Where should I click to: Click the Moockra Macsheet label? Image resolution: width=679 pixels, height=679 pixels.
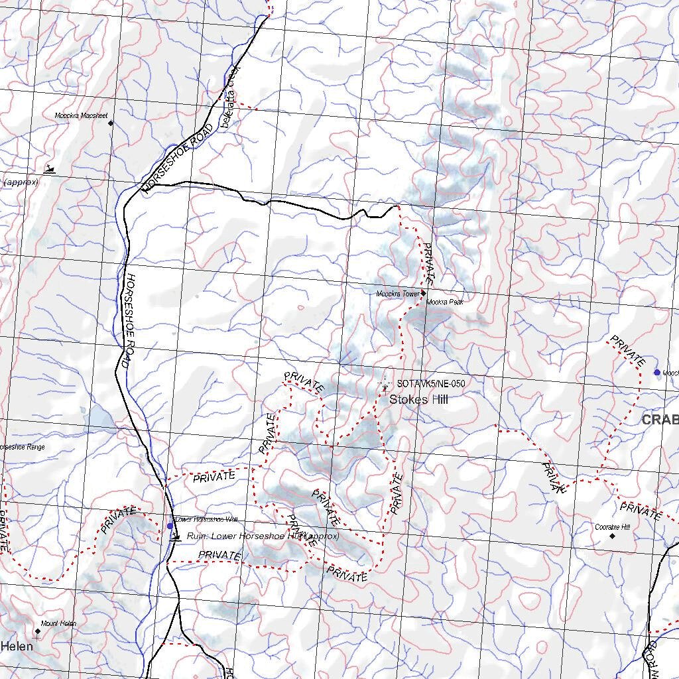pos(81,115)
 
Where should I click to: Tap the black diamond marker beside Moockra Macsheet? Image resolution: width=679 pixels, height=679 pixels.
pos(111,123)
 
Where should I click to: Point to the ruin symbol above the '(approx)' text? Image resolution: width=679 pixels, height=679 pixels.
pos(48,170)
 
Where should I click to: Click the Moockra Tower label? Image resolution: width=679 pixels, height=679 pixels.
pos(398,293)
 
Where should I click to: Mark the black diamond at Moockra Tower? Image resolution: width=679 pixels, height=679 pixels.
pos(423,292)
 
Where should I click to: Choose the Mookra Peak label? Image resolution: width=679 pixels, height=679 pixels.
pos(445,302)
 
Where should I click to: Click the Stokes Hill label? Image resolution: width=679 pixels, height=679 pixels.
pos(418,399)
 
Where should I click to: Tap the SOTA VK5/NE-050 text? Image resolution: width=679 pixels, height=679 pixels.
pos(430,384)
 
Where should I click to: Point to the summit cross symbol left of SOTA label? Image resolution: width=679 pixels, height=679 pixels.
pos(385,385)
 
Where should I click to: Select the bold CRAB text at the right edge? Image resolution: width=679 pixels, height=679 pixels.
pos(660,420)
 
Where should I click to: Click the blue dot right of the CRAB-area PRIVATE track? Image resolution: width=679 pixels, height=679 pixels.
pos(657,373)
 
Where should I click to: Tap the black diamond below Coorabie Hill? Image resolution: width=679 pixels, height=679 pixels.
pos(613,536)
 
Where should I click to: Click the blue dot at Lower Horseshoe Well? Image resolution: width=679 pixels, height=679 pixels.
pos(170,526)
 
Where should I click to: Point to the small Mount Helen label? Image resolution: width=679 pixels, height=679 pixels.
pos(58,623)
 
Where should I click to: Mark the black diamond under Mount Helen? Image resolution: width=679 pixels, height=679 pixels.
pos(38,631)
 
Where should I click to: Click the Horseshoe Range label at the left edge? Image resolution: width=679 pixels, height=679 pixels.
pos(23,447)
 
